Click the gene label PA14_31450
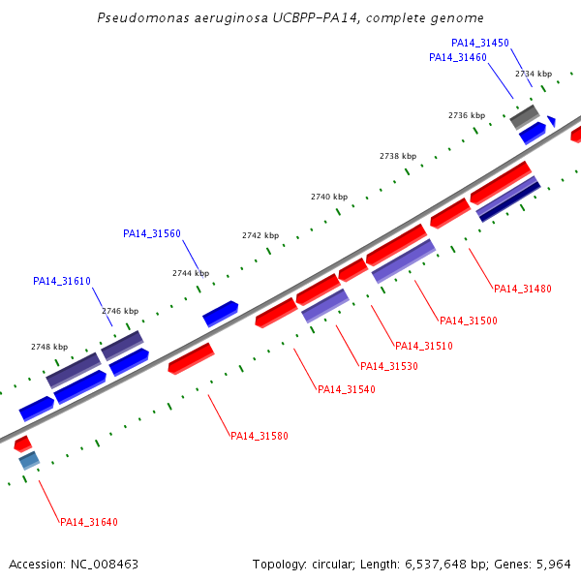pos(480,43)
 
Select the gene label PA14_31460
pos(458,57)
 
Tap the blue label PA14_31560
pos(152,233)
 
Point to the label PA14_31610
pos(62,281)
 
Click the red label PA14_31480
pos(523,289)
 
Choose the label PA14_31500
pos(469,321)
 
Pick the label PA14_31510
pos(424,346)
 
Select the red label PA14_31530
pos(389,366)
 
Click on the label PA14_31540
pos(347,389)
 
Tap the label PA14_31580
pos(260,436)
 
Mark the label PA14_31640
pos(89,523)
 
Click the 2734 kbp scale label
pos(534,74)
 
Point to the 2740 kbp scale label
pos(329,197)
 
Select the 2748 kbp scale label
pos(49,347)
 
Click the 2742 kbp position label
pos(260,235)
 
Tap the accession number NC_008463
pos(105,565)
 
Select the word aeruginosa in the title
pos(231,17)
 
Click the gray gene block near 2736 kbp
pos(525,117)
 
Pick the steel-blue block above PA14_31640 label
pos(29,461)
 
